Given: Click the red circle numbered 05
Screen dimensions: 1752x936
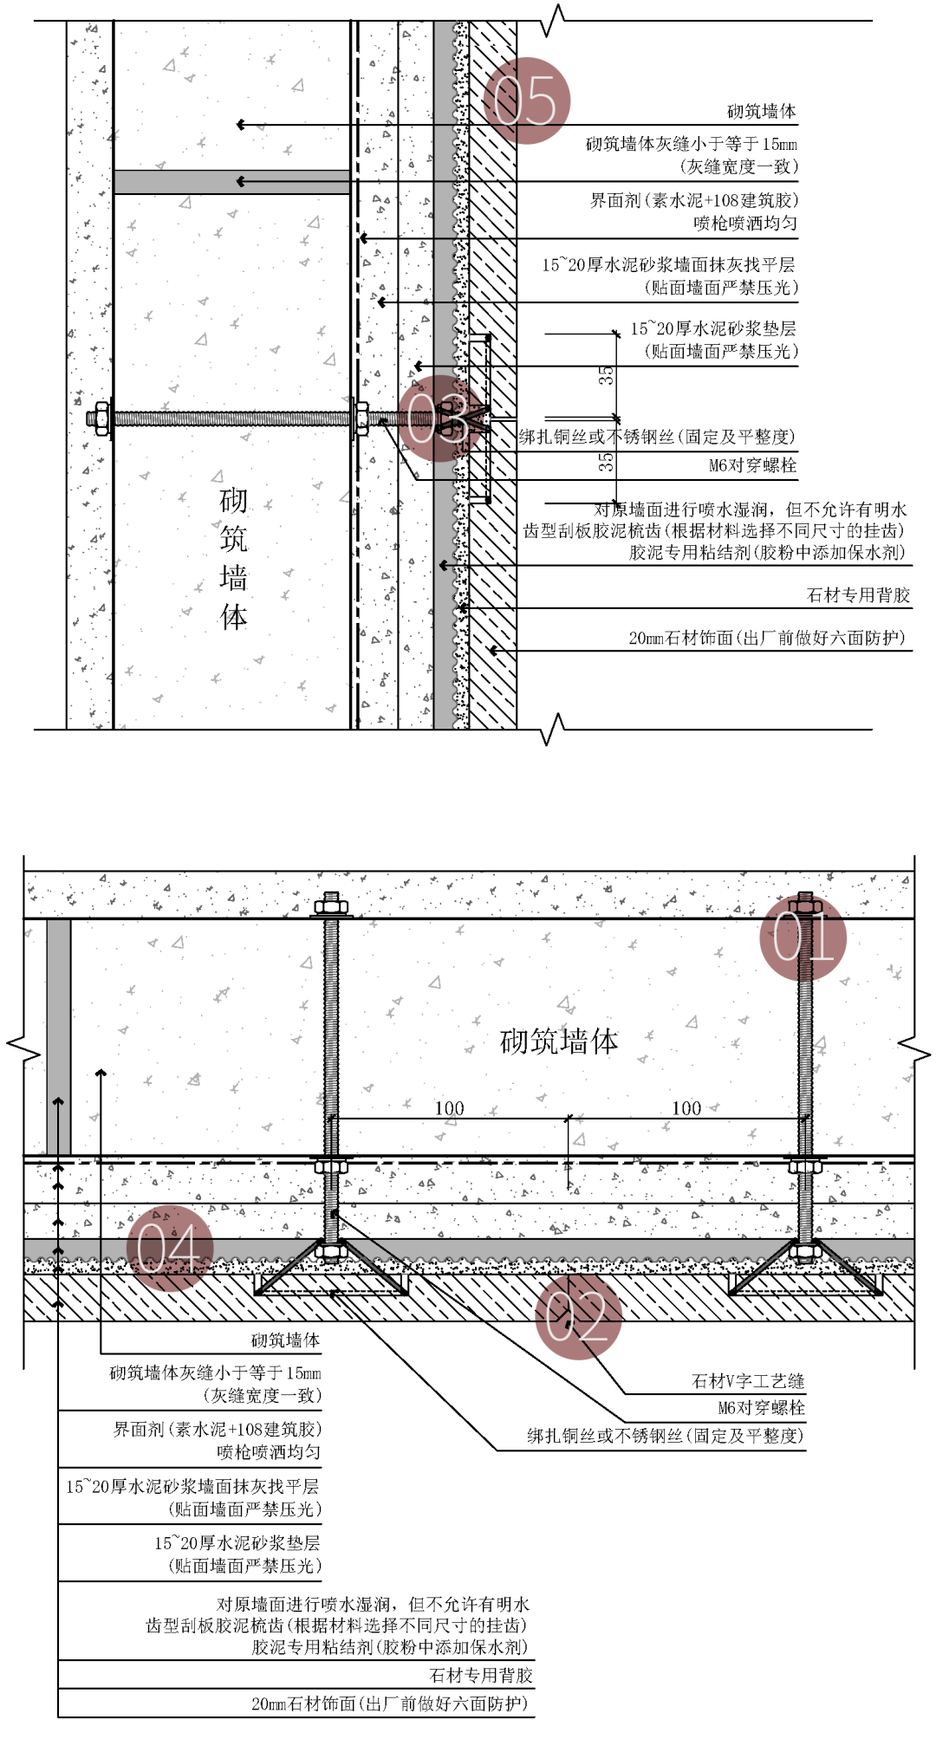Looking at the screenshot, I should click(x=526, y=101).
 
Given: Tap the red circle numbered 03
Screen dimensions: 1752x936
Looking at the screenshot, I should click(x=440, y=418).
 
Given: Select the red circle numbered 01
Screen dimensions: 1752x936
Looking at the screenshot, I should click(x=803, y=938).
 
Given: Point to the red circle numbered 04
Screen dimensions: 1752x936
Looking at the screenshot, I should click(x=170, y=1248).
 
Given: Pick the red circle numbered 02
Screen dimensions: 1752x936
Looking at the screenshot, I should click(x=578, y=1316).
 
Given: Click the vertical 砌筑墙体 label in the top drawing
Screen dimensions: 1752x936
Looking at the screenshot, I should click(x=233, y=557).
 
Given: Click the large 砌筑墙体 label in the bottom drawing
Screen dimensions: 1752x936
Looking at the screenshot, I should click(x=559, y=1041).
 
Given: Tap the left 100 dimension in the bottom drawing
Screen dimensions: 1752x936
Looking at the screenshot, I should click(x=449, y=1108).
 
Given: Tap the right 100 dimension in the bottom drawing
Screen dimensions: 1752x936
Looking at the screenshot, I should click(x=686, y=1108).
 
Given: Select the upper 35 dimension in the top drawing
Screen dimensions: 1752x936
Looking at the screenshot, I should click(x=606, y=375).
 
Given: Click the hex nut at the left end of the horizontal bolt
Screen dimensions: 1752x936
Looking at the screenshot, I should click(x=100, y=419).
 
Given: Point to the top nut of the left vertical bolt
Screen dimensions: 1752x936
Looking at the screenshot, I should click(x=331, y=907).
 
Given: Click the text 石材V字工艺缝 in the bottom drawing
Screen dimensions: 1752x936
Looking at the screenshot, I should click(x=748, y=1381).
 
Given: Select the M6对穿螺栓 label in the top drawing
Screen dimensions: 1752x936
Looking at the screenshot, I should click(x=752, y=465).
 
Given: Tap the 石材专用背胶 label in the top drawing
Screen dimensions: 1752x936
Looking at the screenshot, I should click(x=858, y=595).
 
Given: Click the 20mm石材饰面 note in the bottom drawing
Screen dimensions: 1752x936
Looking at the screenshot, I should click(x=389, y=1703).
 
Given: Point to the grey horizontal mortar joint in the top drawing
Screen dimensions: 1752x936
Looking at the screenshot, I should click(x=231, y=182).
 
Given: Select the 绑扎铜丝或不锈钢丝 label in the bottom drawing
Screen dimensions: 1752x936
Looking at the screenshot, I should click(x=665, y=1436).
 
